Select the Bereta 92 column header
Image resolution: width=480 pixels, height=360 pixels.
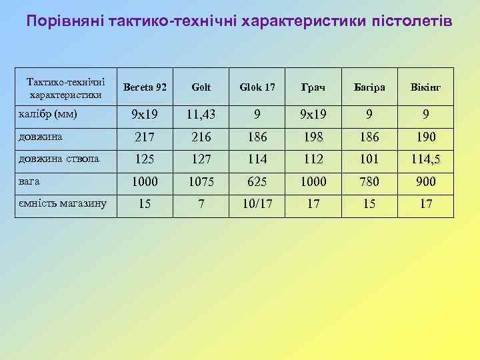(145, 88)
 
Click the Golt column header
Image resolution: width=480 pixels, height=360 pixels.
(201, 88)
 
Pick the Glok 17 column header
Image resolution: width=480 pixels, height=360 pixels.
(257, 88)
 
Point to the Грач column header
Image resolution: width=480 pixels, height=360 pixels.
(313, 88)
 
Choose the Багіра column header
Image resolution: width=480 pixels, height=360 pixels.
(369, 88)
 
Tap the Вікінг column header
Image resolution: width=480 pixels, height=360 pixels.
(425, 88)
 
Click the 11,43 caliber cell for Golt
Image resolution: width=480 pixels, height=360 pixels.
(201, 115)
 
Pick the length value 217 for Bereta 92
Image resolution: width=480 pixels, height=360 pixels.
(145, 137)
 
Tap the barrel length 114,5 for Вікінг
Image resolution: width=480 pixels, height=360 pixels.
(425, 159)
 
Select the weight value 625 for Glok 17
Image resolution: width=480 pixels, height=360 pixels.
(257, 181)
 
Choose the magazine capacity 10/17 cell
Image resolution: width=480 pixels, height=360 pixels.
(257, 203)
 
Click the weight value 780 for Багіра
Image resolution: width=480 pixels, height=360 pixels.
(369, 181)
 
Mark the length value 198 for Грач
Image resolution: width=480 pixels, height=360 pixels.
(313, 137)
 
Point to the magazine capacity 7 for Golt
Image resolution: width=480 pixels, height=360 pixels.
(201, 203)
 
